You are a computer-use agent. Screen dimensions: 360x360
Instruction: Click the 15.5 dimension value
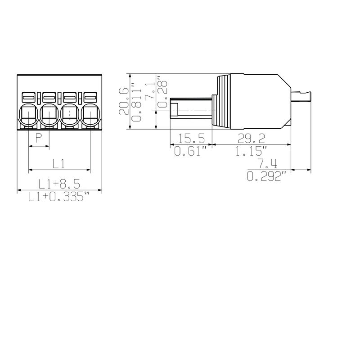tap(190, 138)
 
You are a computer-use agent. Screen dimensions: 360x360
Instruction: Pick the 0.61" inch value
tap(190, 152)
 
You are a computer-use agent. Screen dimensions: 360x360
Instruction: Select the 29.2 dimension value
tap(251, 138)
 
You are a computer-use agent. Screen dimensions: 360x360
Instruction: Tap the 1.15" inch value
tap(251, 152)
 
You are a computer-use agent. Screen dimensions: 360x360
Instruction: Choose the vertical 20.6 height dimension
tap(124, 101)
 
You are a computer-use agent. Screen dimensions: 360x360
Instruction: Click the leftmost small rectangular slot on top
tap(28, 97)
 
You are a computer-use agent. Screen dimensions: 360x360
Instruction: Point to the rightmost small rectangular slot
tap(90, 97)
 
